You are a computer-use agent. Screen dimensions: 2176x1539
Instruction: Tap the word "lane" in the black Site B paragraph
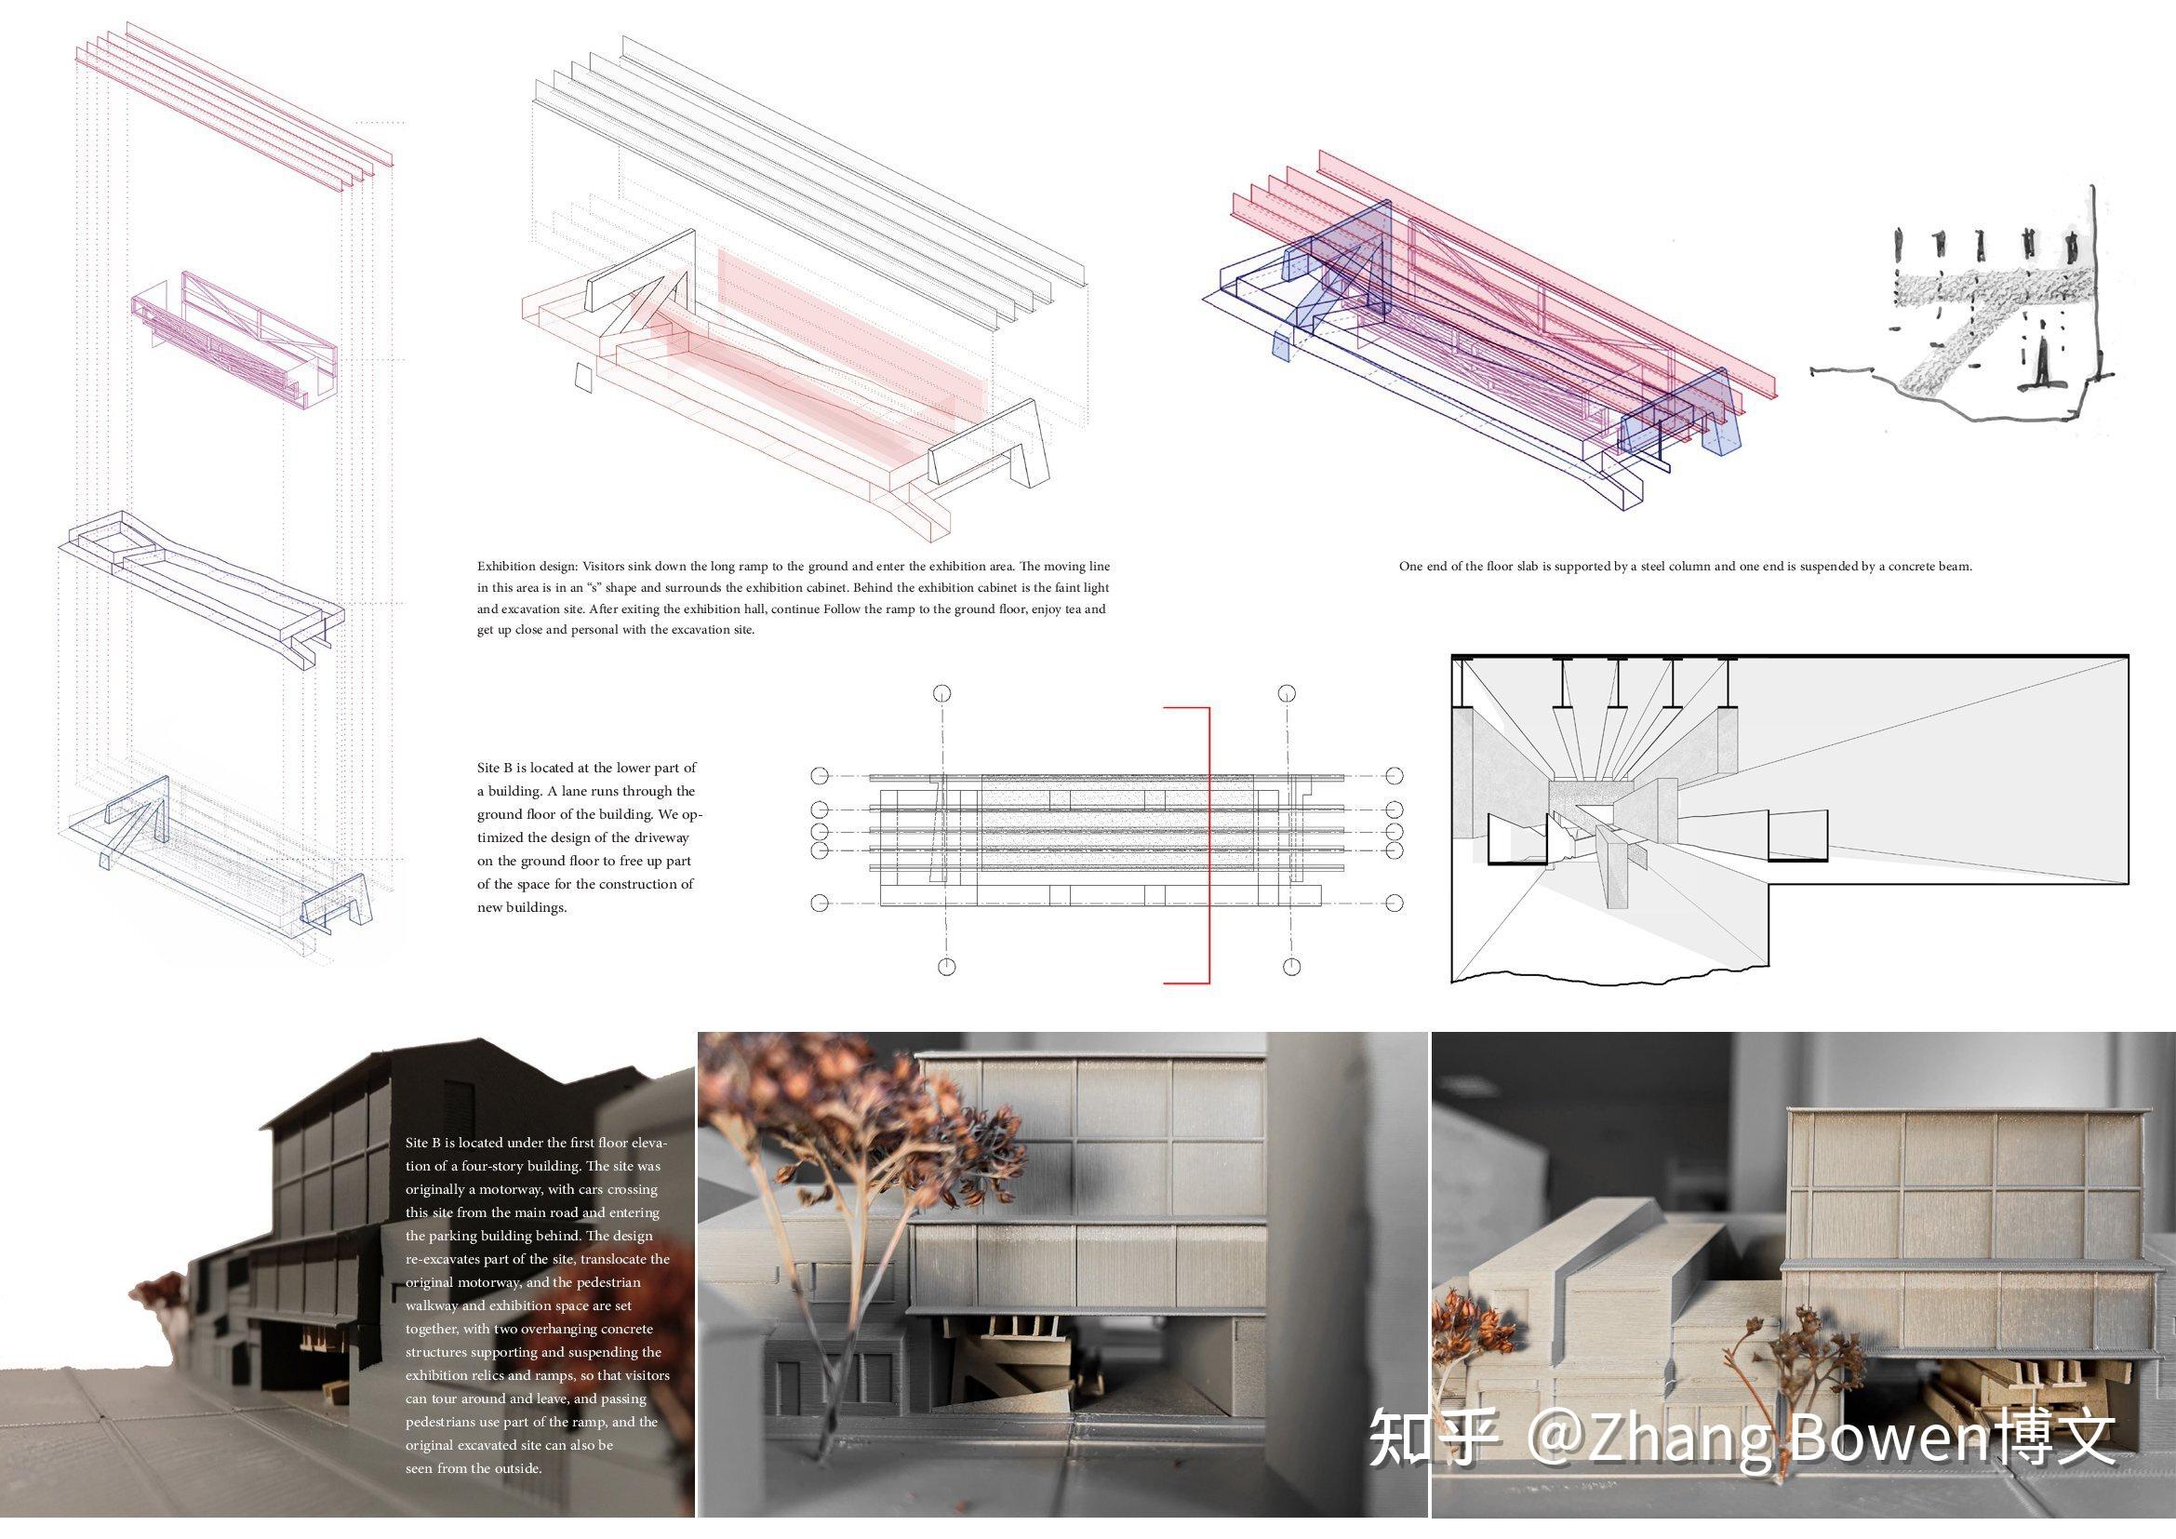tap(539, 791)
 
